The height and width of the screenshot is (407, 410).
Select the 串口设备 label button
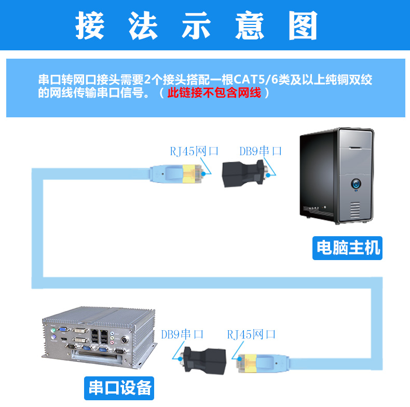120,387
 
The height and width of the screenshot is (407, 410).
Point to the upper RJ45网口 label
194,151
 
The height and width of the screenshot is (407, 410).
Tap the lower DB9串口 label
182,334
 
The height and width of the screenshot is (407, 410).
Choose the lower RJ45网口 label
251,334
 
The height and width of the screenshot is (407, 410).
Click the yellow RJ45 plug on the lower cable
252,363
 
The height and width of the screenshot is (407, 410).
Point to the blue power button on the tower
357,183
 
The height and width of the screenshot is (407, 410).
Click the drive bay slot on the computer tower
356,147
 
